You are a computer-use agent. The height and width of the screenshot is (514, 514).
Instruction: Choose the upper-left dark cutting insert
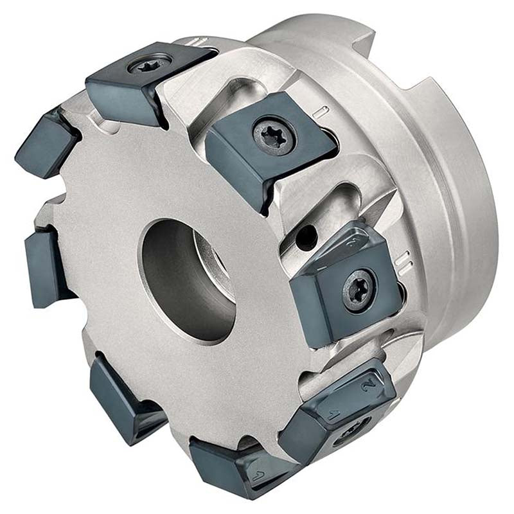coord(45,145)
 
